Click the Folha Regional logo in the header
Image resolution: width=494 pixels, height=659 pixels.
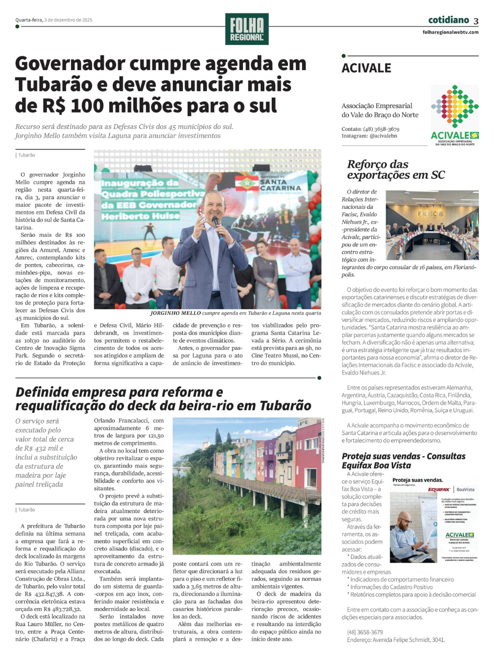click(247, 29)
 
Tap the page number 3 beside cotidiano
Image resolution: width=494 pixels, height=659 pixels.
click(476, 21)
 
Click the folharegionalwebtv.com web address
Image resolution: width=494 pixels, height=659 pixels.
click(451, 33)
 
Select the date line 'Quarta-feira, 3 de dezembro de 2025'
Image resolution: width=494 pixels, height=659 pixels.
click(54, 20)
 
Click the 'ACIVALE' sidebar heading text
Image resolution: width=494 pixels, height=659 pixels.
click(367, 69)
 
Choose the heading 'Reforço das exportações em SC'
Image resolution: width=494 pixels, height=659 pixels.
click(395, 169)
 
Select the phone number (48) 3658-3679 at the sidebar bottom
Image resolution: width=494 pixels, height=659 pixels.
click(365, 632)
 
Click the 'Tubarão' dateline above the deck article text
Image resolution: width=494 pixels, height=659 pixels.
click(27, 510)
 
